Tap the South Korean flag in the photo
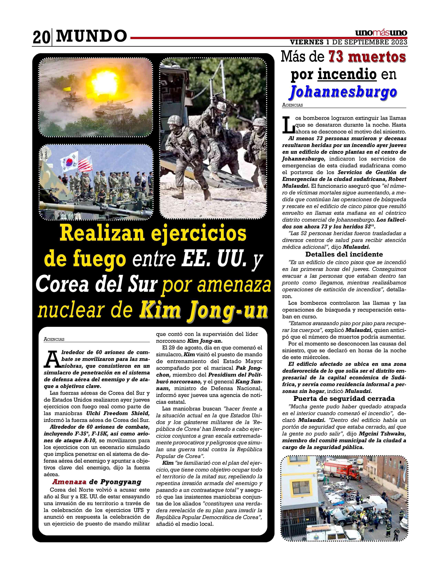coord(69,160)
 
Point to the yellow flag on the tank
coord(68,89)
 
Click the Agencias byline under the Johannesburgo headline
coord(292,105)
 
